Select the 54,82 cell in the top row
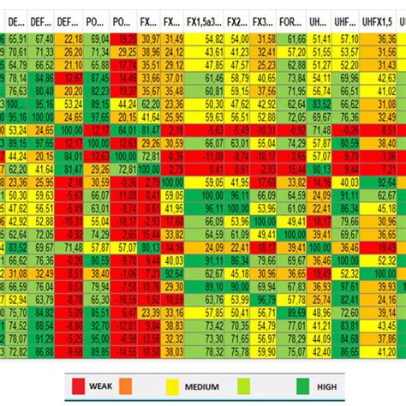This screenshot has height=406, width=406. pos(214,39)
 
